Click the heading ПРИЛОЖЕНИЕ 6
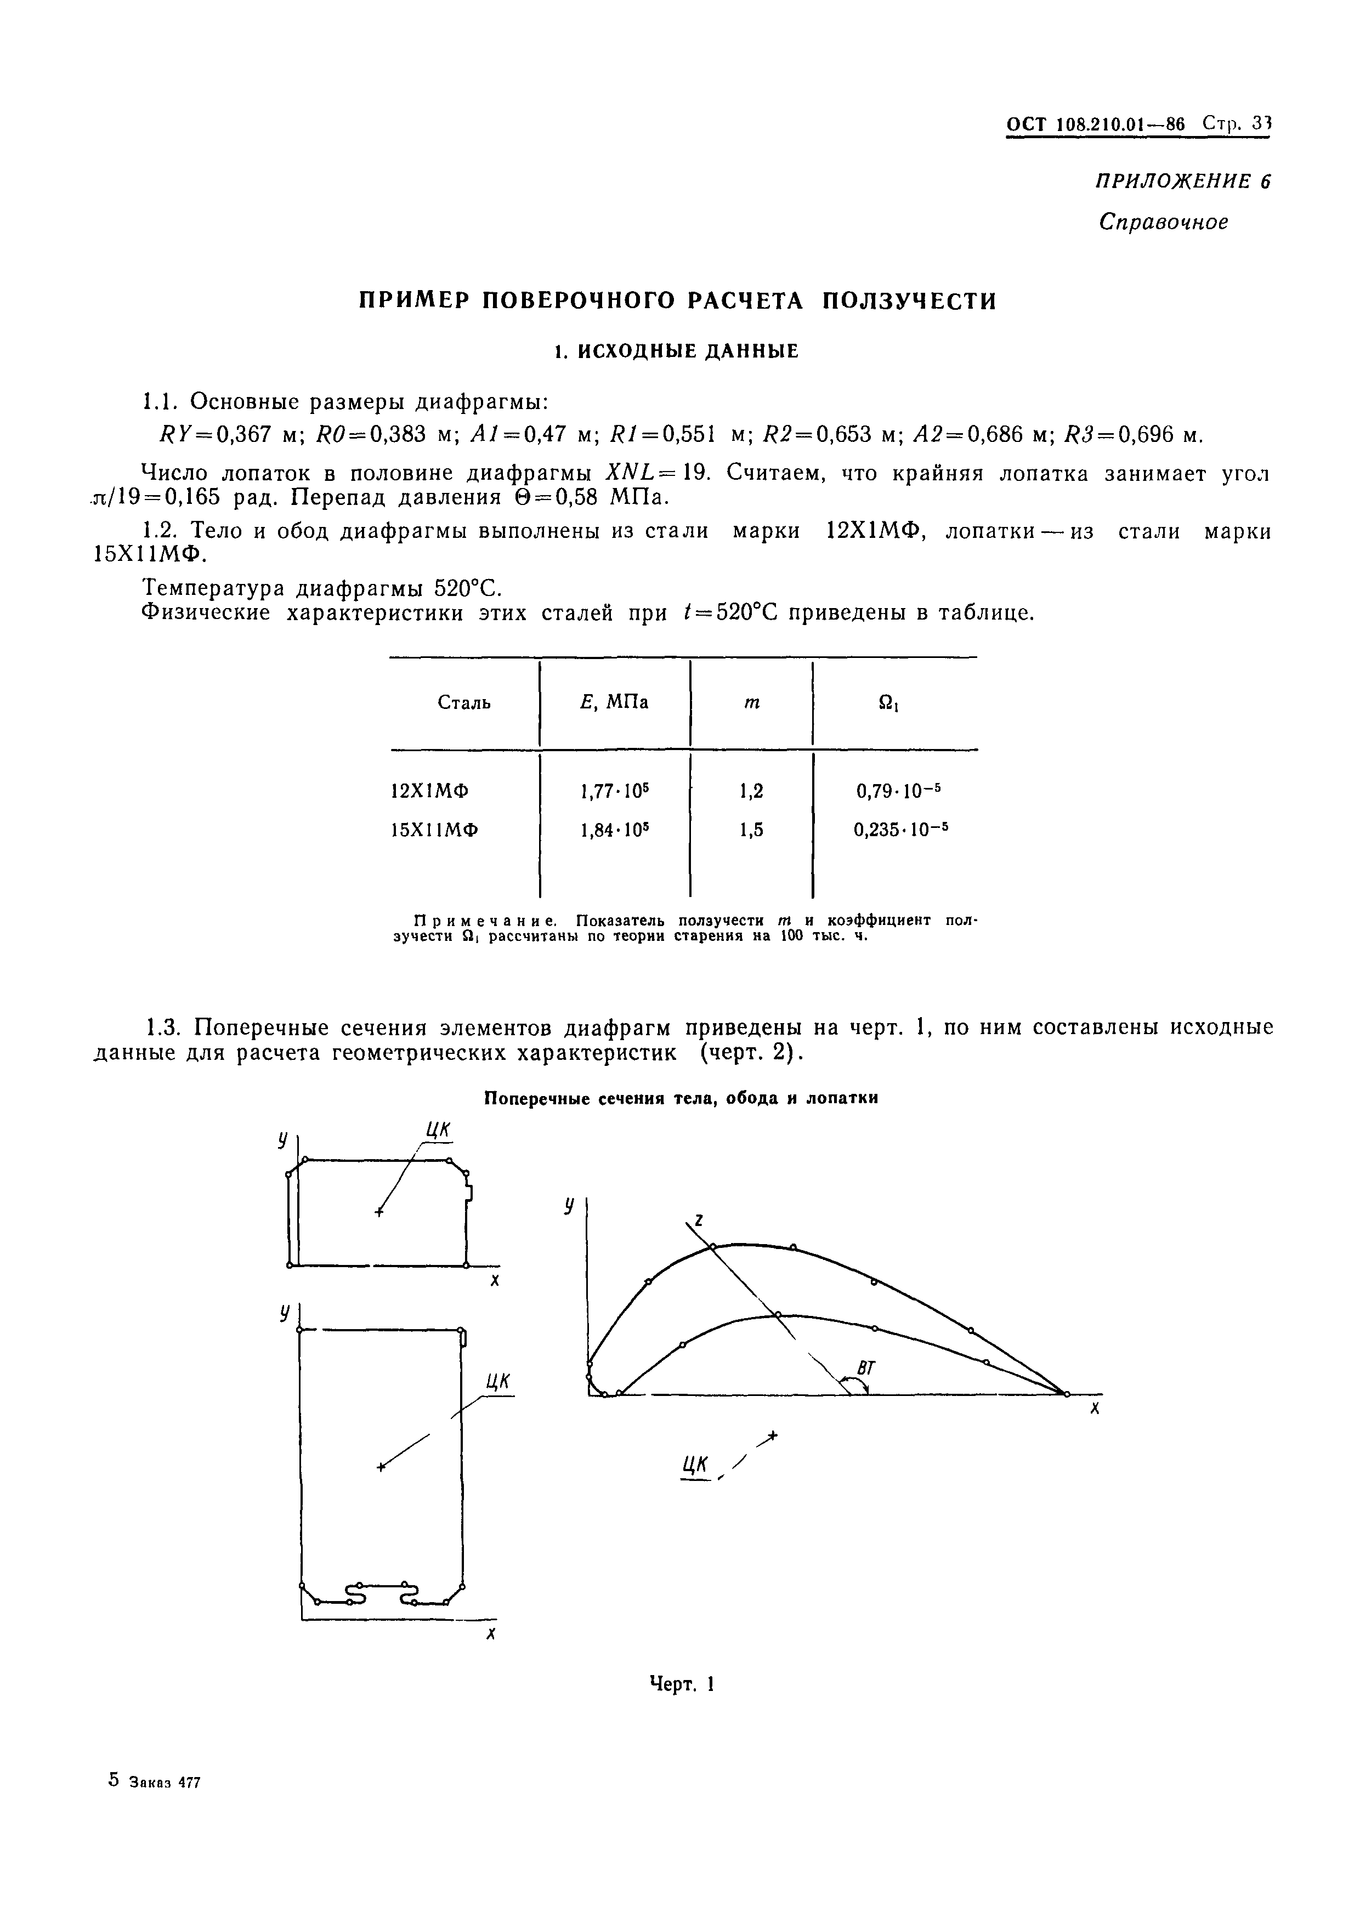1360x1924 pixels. [1182, 182]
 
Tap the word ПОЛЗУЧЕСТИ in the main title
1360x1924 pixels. [909, 301]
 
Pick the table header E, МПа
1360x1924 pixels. [614, 701]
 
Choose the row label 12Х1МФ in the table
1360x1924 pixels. [430, 790]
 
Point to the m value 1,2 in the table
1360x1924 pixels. [752, 790]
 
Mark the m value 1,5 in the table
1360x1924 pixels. [752, 830]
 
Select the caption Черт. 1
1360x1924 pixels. [681, 1684]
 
